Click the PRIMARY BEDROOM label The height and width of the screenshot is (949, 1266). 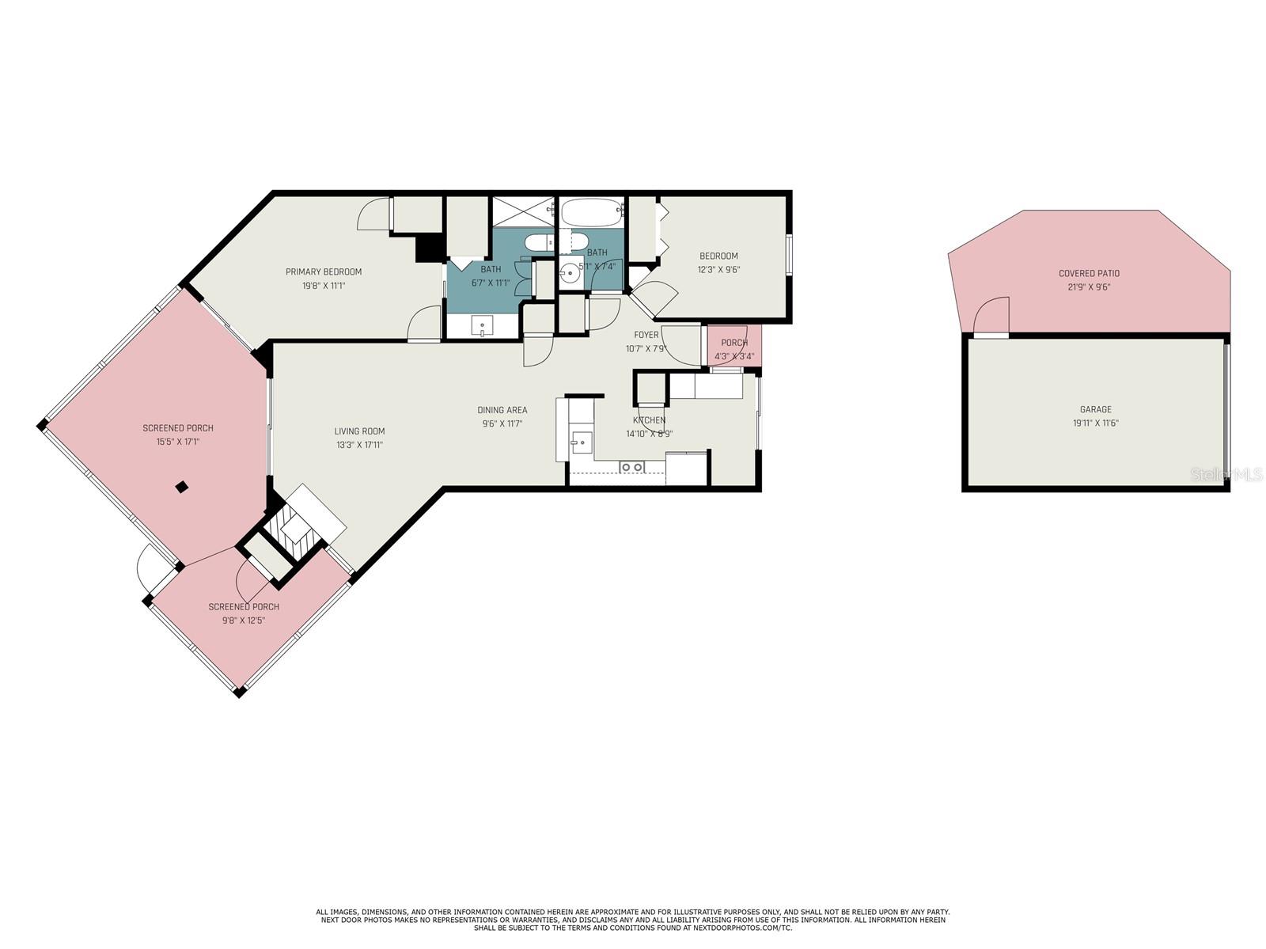pos(324,271)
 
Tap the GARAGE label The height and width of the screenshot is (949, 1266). pos(1095,410)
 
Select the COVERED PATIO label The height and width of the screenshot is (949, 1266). pos(1089,273)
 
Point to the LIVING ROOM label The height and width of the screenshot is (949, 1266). pos(359,431)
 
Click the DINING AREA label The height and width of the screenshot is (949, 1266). pos(502,410)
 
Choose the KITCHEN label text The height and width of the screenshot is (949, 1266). pos(650,420)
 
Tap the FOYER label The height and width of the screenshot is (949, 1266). pos(646,335)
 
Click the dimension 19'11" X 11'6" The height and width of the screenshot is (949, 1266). pos(1095,423)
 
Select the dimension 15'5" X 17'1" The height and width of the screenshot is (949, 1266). pos(178,442)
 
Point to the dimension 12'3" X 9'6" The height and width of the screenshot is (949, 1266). pos(718,269)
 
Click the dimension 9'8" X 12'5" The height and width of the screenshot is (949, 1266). pos(244,621)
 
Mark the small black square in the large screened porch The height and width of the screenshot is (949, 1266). pos(182,488)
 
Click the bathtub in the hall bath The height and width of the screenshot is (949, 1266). pos(590,213)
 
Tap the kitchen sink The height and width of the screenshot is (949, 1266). pos(581,442)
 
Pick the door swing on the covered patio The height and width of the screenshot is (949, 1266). pos(991,315)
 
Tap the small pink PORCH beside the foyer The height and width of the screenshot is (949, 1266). pos(734,346)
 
